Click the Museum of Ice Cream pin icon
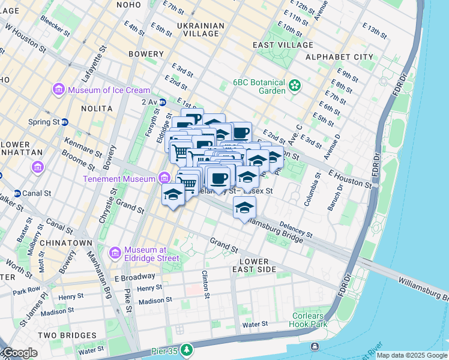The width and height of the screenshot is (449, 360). [59, 90]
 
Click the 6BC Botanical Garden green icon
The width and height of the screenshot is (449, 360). [294, 86]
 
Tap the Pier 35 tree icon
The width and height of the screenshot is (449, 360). [187, 349]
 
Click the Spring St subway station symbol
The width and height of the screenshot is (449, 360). [64, 121]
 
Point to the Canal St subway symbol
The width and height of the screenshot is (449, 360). [17, 193]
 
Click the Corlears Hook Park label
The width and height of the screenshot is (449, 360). [310, 320]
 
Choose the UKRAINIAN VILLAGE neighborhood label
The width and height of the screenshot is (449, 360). [201, 29]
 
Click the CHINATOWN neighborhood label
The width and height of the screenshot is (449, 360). [71, 243]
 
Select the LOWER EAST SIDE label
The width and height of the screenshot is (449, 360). [258, 266]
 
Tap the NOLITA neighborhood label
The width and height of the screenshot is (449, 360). [95, 109]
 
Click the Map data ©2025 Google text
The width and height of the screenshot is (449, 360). [411, 355]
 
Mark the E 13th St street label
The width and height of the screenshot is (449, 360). [375, 29]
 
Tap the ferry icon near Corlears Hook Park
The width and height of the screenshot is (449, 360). [315, 347]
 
